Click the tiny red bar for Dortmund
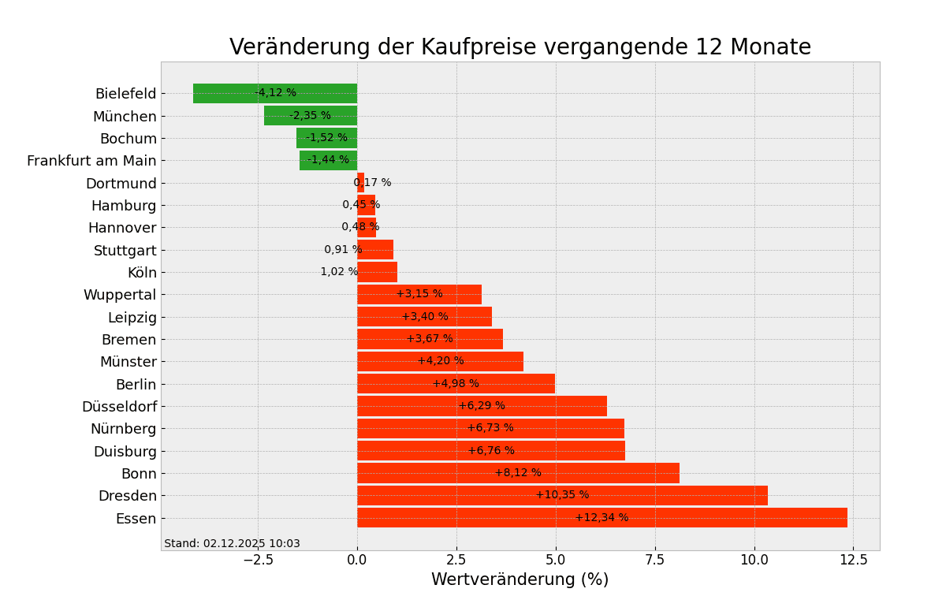pos(360,183)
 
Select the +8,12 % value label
pos(518,473)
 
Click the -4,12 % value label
pos(276,93)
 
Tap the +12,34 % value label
pos(601,518)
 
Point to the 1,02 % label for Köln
pos(339,272)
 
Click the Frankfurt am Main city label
pos(91,161)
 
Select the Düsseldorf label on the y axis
pos(119,407)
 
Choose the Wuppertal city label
pos(120,295)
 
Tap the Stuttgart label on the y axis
pos(125,251)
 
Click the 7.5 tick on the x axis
pos(654,560)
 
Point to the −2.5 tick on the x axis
pos(258,560)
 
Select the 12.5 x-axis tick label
pos(853,560)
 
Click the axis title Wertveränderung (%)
pos(520,580)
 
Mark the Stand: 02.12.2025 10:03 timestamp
pos(232,544)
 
